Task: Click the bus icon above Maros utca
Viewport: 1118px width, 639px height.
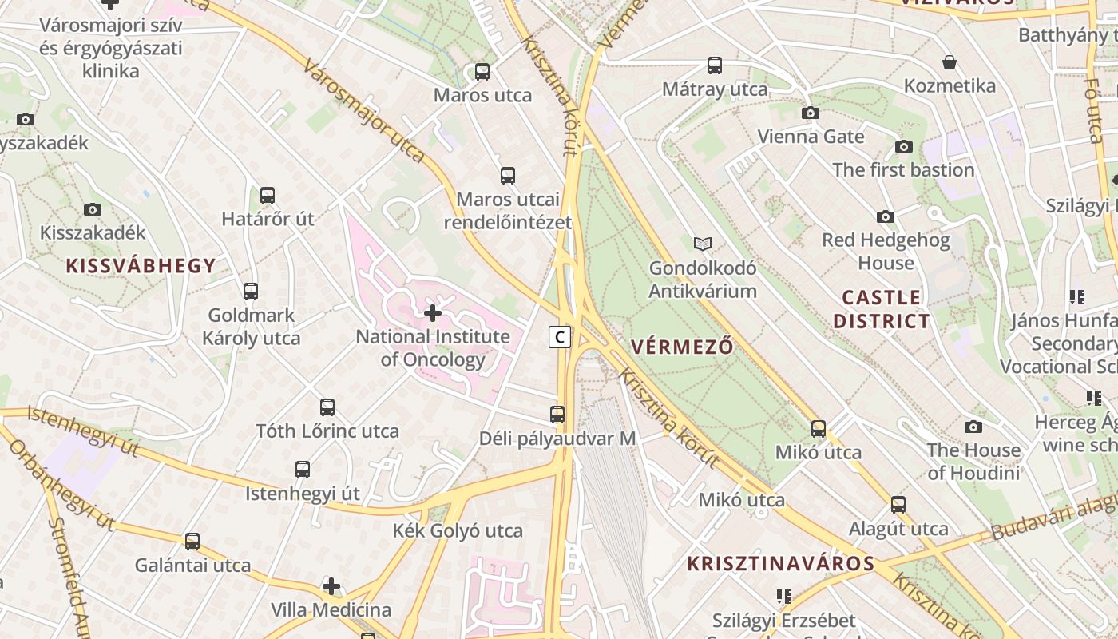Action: (x=482, y=71)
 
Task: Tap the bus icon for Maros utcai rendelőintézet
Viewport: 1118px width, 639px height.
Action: (x=508, y=176)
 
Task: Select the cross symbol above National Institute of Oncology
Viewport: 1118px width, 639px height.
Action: (x=433, y=312)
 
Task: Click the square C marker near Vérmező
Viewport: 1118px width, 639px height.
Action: (x=561, y=337)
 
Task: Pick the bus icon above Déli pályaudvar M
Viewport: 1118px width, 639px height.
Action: (x=557, y=415)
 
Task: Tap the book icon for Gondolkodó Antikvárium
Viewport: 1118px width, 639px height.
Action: (x=703, y=244)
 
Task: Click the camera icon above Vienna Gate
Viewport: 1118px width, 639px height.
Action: (x=811, y=113)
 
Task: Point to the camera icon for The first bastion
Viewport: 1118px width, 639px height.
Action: (x=904, y=146)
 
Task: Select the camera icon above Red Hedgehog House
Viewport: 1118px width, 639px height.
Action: (x=886, y=216)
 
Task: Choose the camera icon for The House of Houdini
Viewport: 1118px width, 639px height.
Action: (x=973, y=427)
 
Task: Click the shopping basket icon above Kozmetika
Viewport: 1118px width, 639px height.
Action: (x=950, y=62)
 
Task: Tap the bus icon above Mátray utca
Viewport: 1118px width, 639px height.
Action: (x=715, y=65)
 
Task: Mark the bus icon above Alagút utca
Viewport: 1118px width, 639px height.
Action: (x=898, y=504)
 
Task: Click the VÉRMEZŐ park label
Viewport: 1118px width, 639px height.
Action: (x=682, y=347)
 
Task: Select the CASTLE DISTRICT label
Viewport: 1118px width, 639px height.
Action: (x=882, y=309)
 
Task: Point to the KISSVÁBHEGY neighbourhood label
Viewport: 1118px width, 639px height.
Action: (x=141, y=266)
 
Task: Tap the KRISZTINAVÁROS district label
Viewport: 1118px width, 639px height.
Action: (x=781, y=563)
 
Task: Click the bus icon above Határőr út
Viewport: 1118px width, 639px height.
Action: (x=268, y=195)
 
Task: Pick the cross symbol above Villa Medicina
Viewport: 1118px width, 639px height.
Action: (x=331, y=587)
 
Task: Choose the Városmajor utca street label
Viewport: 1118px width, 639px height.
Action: (x=363, y=110)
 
